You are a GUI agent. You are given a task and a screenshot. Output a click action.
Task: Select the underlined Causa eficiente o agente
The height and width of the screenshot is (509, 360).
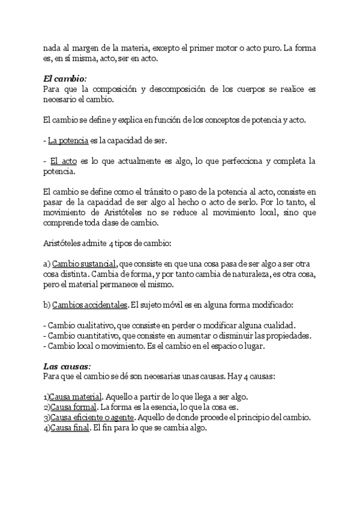93,418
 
